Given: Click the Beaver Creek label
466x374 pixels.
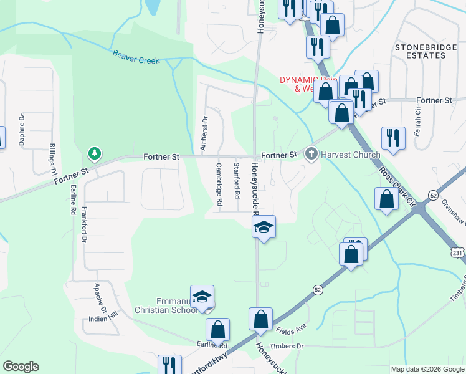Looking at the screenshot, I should coord(136,57).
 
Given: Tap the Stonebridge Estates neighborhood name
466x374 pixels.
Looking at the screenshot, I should coord(429,51).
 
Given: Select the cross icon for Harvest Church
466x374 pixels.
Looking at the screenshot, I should coord(311,155).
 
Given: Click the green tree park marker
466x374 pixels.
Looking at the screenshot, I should coord(94,153).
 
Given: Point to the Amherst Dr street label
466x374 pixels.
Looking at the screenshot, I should coord(203,132).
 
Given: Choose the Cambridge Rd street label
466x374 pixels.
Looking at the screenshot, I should coord(219,185).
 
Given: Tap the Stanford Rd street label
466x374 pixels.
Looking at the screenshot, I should coord(237,180).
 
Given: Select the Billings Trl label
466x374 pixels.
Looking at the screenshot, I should coord(52,160).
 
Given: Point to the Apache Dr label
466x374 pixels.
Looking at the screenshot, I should coord(97,297).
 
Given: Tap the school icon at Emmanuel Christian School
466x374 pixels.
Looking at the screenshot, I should coord(202,297).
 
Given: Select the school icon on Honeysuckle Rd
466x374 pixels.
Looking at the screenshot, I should coord(264,228).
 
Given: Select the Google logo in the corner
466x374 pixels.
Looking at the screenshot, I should coord(21,367).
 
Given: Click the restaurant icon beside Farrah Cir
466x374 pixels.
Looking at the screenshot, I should coord(393,137).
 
